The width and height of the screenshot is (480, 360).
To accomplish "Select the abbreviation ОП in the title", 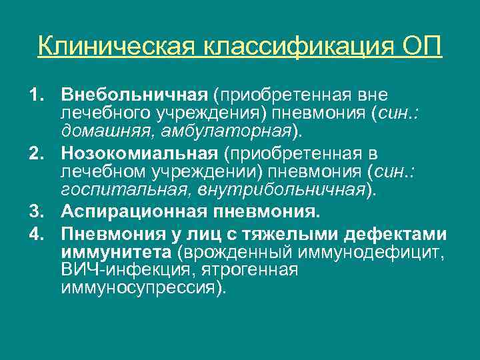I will [423, 47].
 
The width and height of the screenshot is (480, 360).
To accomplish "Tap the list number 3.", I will [35, 213].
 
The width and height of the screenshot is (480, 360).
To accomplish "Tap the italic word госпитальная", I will [117, 189].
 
